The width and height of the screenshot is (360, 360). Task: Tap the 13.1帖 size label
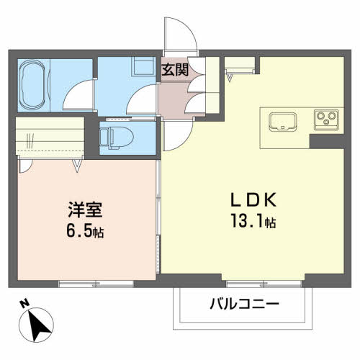pos(250,221)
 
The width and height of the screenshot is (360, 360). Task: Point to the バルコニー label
pos(244,304)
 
